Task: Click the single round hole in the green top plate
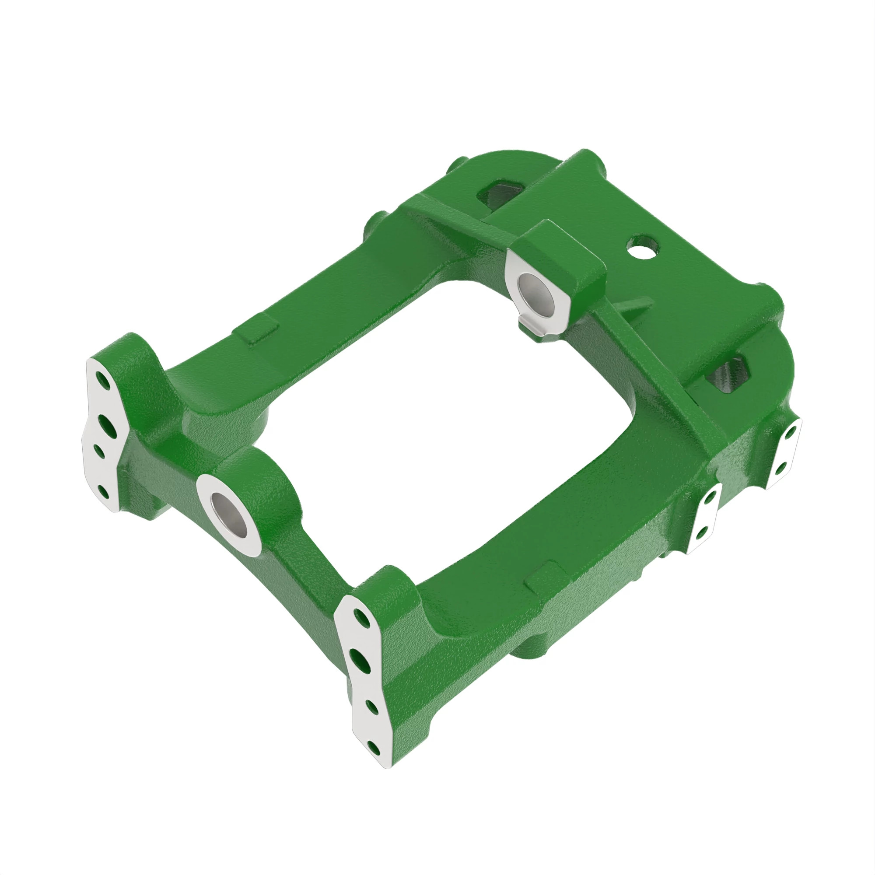(x=642, y=247)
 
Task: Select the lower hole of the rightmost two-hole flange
(x=782, y=468)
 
